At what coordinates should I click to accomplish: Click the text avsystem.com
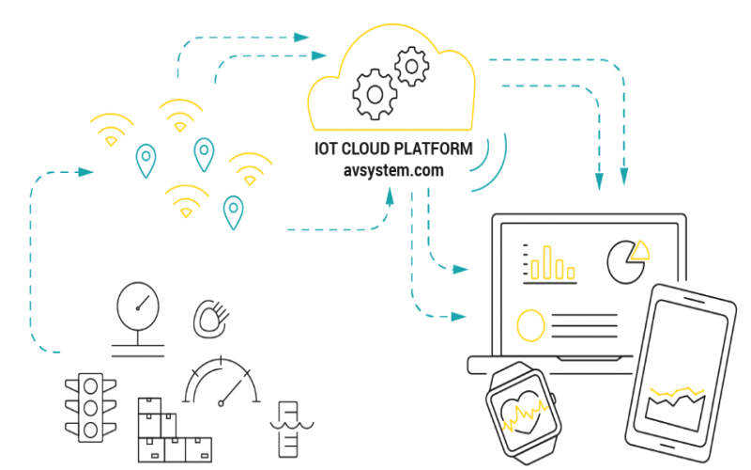tap(393, 171)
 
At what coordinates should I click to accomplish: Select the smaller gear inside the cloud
tap(410, 67)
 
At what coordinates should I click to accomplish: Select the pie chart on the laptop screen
tap(627, 260)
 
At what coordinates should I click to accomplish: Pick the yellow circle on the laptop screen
tap(530, 325)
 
